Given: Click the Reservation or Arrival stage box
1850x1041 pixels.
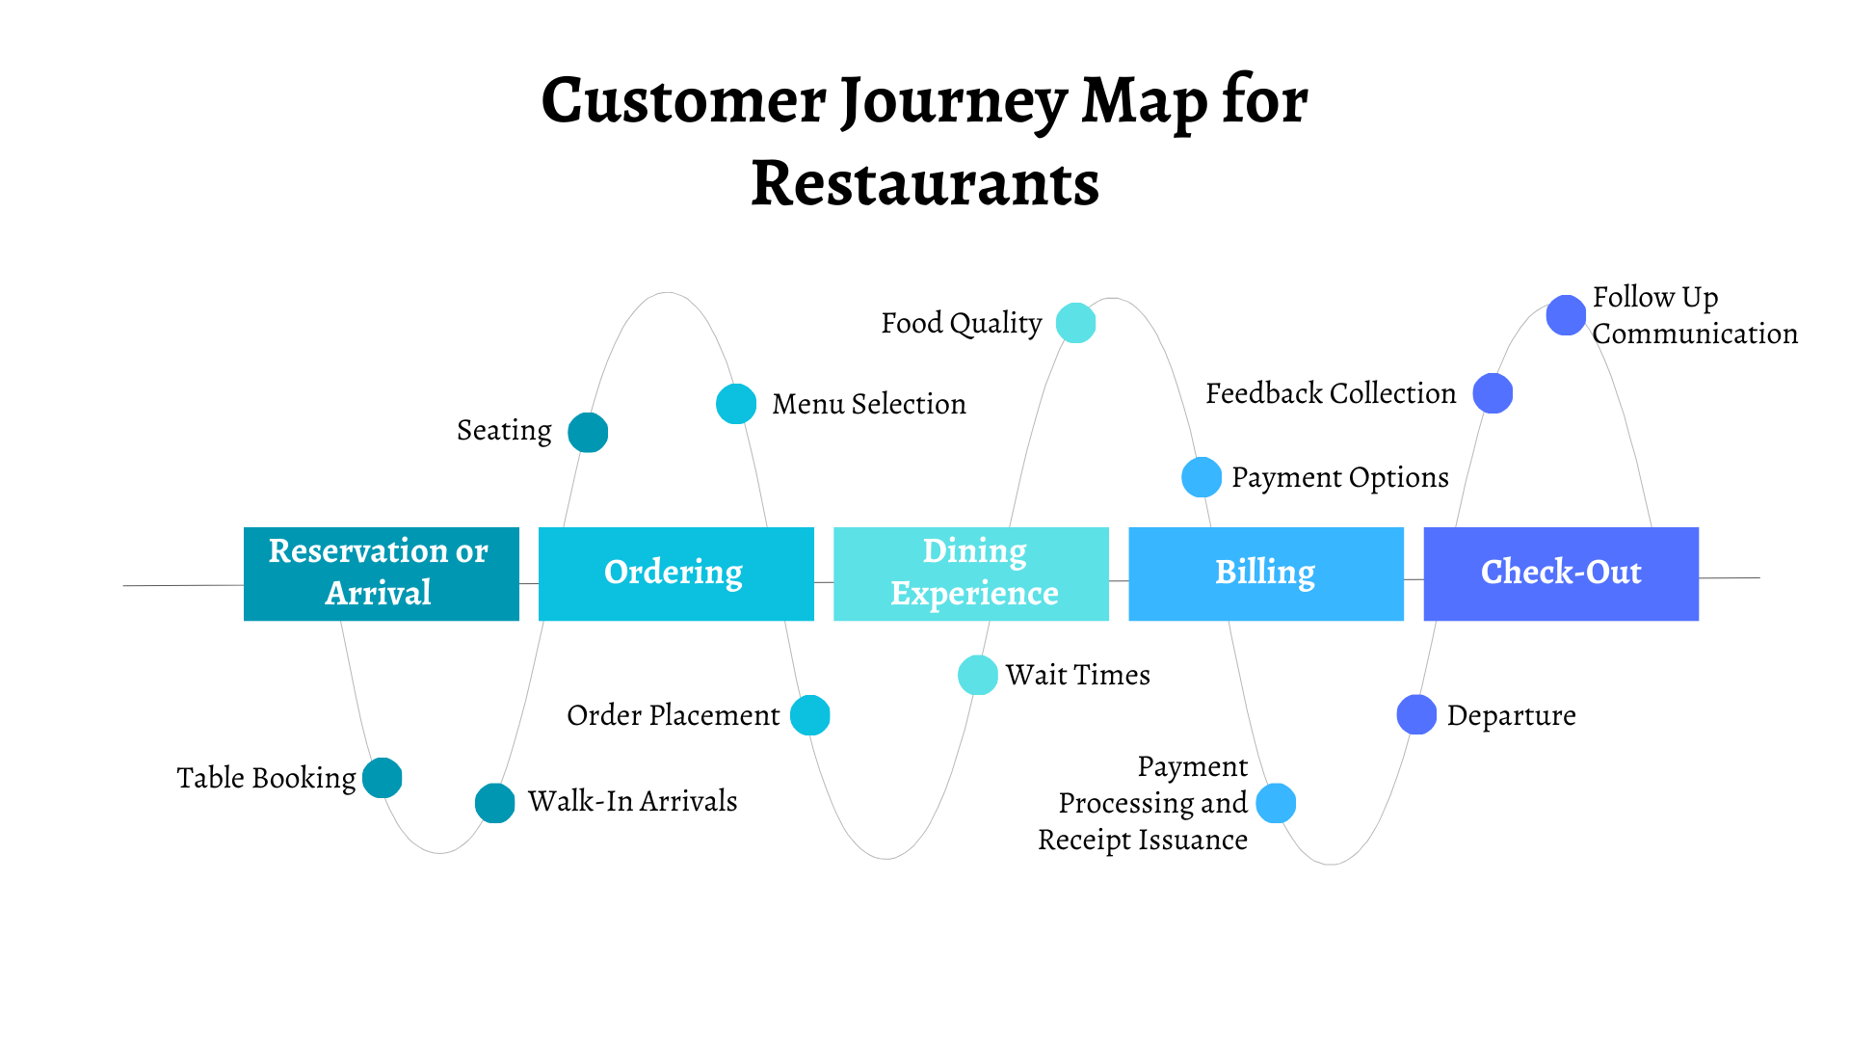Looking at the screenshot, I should pos(381,574).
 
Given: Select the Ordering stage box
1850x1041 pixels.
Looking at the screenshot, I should pos(675,574).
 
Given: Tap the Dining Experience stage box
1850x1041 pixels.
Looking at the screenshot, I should pos(970,574).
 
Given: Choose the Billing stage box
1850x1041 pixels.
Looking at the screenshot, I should pos(1265,574).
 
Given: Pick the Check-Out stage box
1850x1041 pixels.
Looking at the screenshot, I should pos(1560,574).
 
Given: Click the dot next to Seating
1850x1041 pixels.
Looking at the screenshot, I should pos(588,432).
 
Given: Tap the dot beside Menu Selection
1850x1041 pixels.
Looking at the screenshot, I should pos(736,404).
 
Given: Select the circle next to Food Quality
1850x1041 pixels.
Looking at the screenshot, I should pos(1075,323).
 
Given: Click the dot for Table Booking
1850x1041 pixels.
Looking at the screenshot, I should pos(383,778).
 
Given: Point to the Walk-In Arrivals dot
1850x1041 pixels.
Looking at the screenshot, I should pos(495,803).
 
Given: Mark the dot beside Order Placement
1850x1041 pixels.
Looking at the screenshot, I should pos(810,715).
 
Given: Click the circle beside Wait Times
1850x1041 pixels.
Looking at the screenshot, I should pos(977,675).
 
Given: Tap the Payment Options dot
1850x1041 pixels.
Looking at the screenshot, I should pos(1202,477).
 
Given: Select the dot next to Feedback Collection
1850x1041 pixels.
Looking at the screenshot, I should pos(1493,393).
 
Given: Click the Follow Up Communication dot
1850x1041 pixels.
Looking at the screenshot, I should pos(1566,315).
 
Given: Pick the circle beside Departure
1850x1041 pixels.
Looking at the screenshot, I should pos(1416,714).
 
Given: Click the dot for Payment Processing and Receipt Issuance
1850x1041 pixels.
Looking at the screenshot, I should pos(1277,803).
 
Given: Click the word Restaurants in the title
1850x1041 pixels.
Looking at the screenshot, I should pos(925,183).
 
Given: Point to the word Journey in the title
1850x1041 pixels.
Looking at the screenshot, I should pos(953,100).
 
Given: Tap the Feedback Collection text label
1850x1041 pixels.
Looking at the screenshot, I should pos(1331,393).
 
